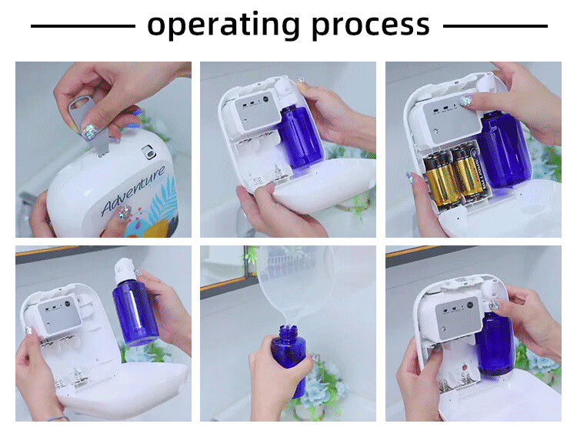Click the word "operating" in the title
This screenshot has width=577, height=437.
[223, 25]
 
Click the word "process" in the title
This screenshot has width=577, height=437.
[371, 25]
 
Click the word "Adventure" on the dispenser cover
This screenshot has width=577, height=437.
[132, 191]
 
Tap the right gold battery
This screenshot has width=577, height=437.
[469, 172]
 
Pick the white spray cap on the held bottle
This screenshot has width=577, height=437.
[125, 272]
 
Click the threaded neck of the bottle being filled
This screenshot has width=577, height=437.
[288, 332]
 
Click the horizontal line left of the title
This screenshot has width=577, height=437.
[83, 25]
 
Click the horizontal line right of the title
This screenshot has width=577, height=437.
[495, 25]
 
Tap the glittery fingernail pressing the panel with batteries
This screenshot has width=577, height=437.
[465, 101]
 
